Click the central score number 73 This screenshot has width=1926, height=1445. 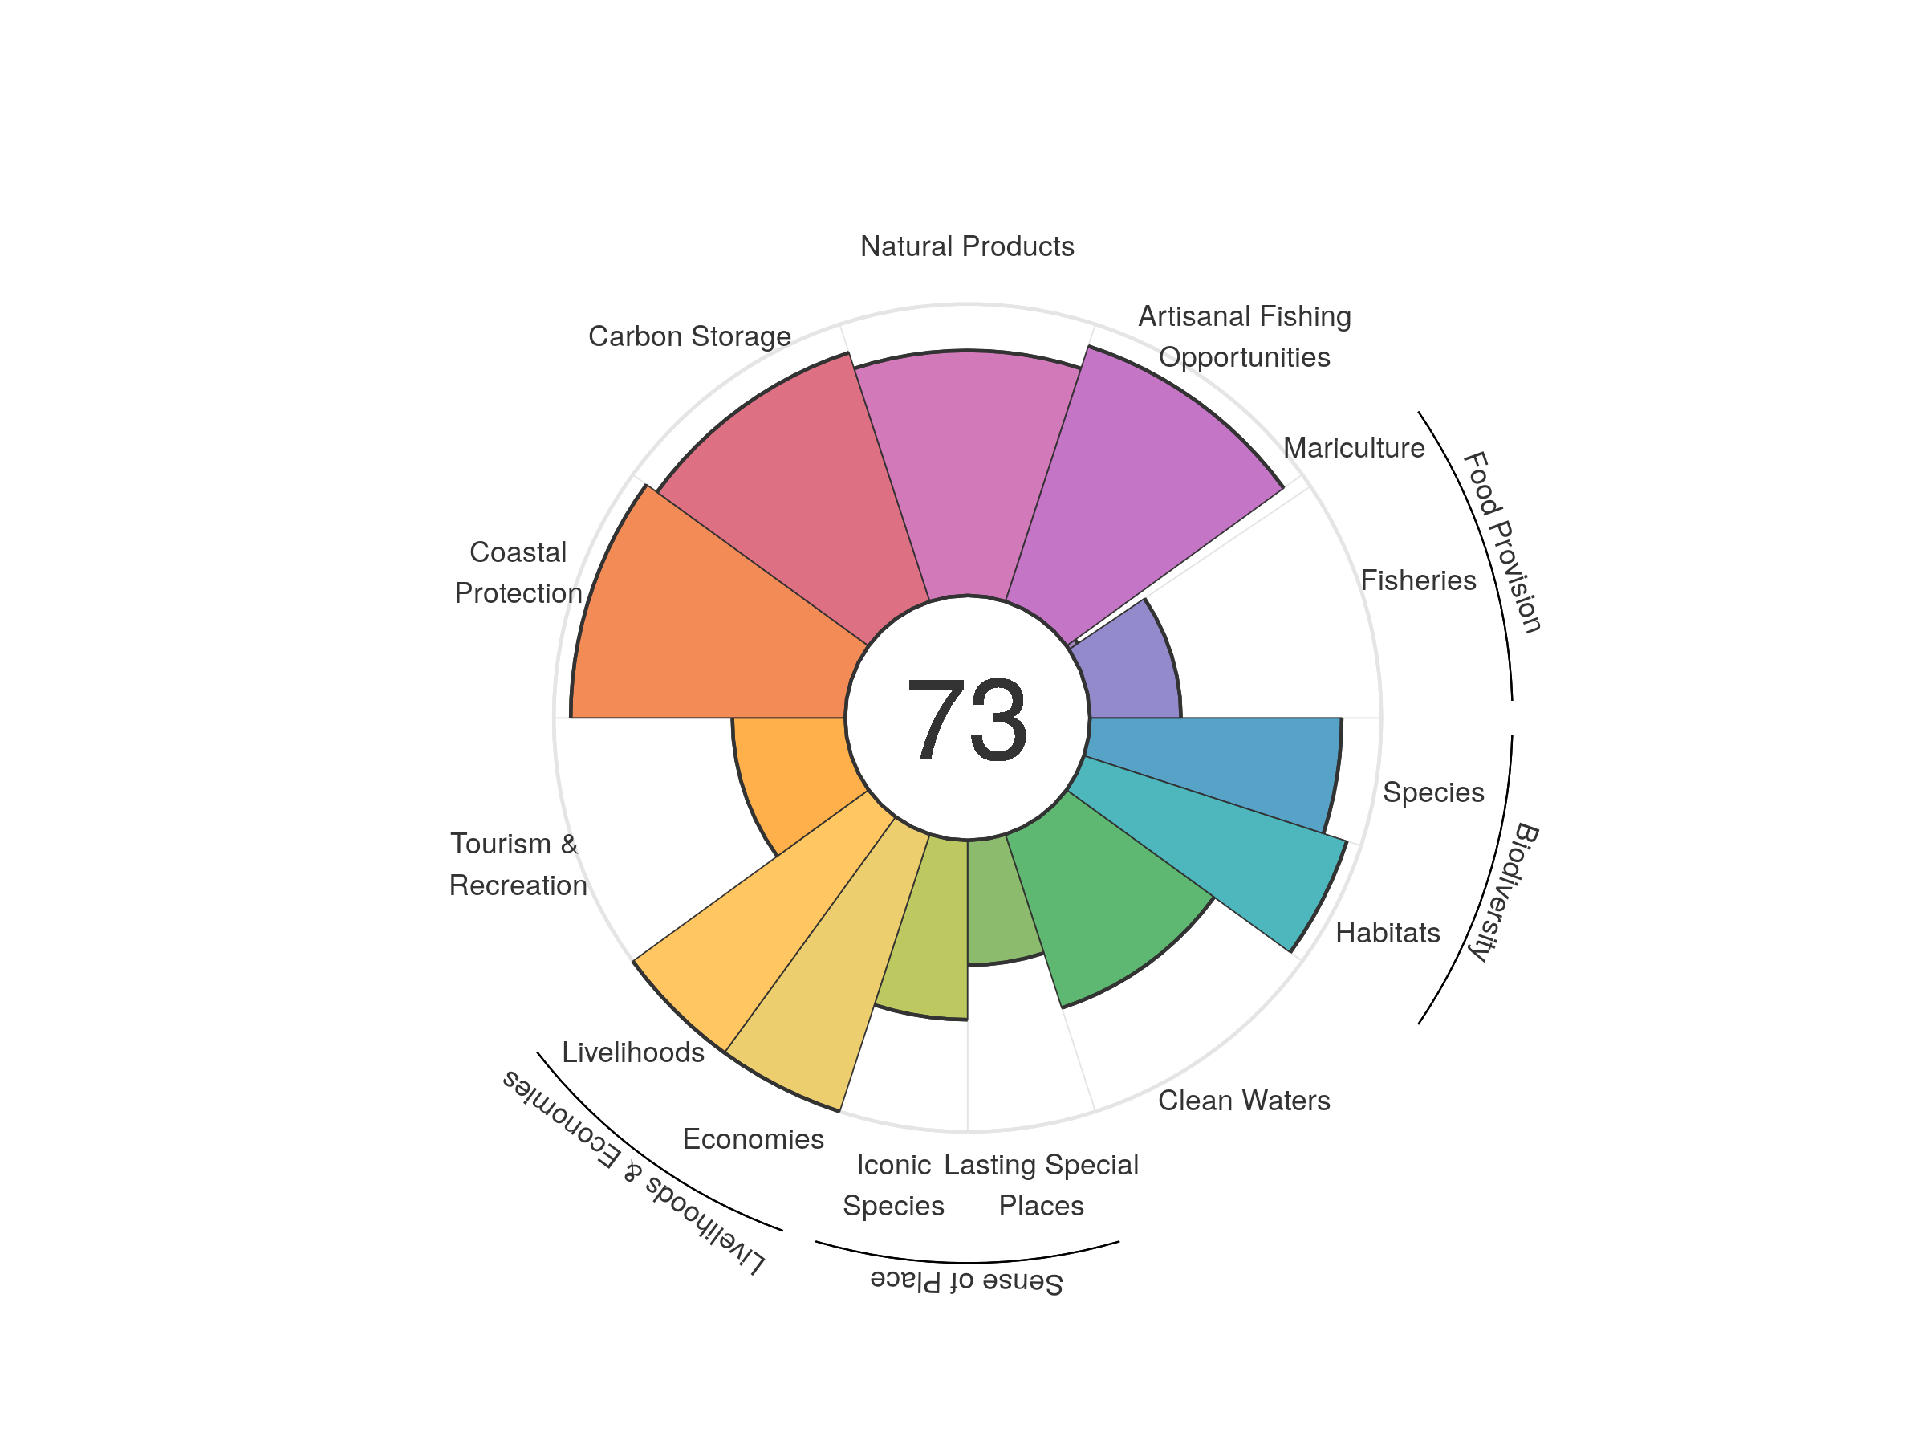(966, 719)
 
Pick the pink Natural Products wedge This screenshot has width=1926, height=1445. (966, 470)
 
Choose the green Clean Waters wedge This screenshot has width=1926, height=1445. (1097, 906)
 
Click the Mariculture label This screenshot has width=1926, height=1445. (1354, 448)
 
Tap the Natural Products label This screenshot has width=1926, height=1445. (966, 246)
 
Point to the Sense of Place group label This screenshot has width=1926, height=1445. (966, 1282)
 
